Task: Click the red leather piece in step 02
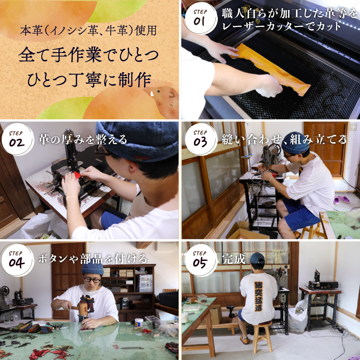click(x=77, y=175)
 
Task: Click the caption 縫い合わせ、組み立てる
click(x=284, y=139)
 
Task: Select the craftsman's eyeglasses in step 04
click(x=91, y=279)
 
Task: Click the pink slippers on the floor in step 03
click(x=341, y=199)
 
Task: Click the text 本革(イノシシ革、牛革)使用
click(x=88, y=30)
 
